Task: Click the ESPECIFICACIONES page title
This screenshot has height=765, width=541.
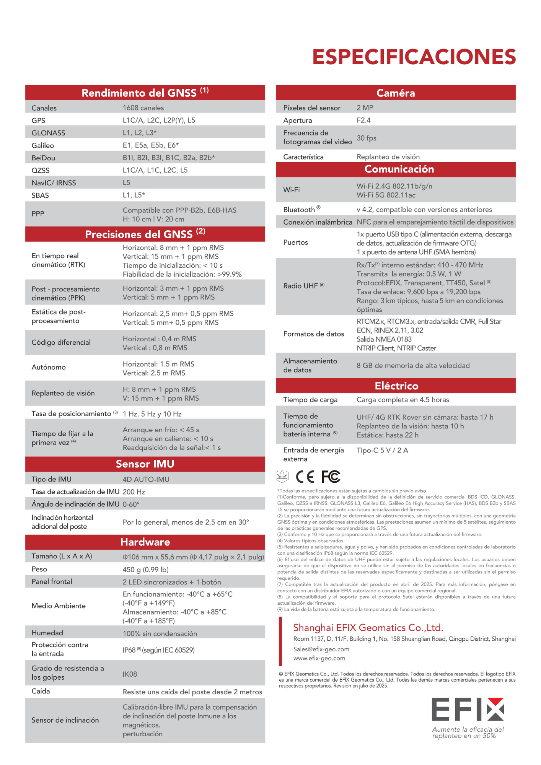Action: point(414,57)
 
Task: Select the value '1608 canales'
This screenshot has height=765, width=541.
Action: point(143,108)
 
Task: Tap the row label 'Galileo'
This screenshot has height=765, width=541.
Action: point(43,145)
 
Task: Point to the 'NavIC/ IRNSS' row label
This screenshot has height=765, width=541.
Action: point(54,183)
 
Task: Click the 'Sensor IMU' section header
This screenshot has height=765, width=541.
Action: point(145,464)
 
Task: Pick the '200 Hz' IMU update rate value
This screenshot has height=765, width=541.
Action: point(134,492)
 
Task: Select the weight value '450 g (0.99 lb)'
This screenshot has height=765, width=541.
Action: point(145,570)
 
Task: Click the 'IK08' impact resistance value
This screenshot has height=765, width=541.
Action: point(130,674)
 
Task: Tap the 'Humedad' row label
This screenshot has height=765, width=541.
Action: point(47,633)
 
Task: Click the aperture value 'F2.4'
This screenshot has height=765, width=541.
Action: point(363,120)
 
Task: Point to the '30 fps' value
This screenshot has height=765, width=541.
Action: point(367,138)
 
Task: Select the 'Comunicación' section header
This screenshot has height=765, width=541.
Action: point(399,169)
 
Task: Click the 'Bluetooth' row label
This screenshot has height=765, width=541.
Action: point(299,210)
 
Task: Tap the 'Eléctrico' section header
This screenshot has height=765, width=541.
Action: point(396,386)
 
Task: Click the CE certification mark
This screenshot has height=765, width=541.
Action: point(305,477)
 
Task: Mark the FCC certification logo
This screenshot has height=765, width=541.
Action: point(331,477)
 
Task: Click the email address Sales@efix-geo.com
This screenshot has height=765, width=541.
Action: point(321,649)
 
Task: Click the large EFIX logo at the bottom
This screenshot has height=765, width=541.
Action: point(468,710)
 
